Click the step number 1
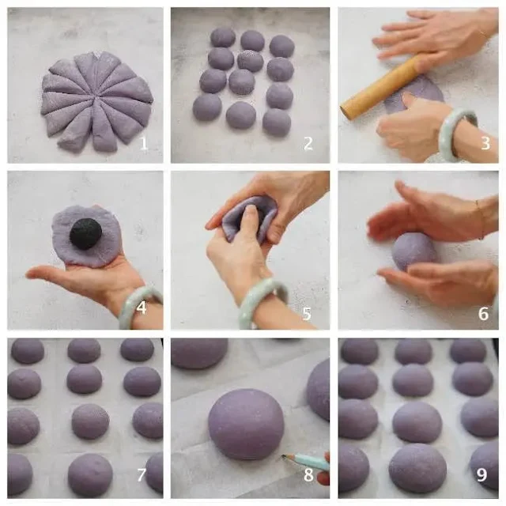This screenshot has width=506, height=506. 144,143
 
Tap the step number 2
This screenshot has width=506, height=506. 308,143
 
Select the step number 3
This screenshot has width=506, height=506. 485,143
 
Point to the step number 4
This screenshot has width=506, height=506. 142,308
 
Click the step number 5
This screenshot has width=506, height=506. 307,313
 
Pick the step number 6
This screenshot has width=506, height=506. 483,313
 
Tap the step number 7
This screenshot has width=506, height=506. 142,474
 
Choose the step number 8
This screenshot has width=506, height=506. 308,474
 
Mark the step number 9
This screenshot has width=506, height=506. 481,474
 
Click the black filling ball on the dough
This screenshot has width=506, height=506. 86,234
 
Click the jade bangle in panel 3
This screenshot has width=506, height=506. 458,135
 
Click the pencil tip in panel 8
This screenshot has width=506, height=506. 283,456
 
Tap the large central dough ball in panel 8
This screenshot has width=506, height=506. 246,424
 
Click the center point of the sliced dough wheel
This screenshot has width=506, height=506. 96,96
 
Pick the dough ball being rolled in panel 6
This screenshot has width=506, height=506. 414,252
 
